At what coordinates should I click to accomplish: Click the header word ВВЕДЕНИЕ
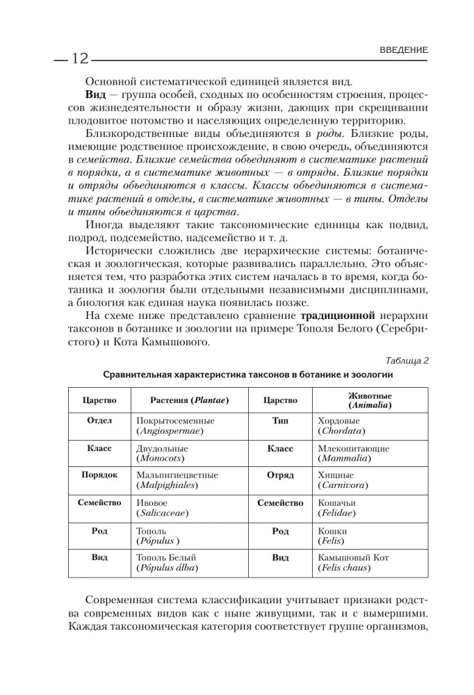404,50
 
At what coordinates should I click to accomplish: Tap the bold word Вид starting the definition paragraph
95,94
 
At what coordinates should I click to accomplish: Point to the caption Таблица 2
407,359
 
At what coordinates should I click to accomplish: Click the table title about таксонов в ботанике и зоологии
248,374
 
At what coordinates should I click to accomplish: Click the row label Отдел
99,421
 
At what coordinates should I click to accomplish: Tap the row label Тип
280,421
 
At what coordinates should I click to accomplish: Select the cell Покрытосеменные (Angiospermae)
176,426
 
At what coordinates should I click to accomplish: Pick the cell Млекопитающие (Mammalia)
353,454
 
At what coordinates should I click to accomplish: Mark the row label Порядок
99,475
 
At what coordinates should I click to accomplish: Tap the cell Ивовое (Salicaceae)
163,508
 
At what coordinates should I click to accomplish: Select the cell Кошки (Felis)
334,535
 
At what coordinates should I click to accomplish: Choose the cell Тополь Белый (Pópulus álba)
167,562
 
